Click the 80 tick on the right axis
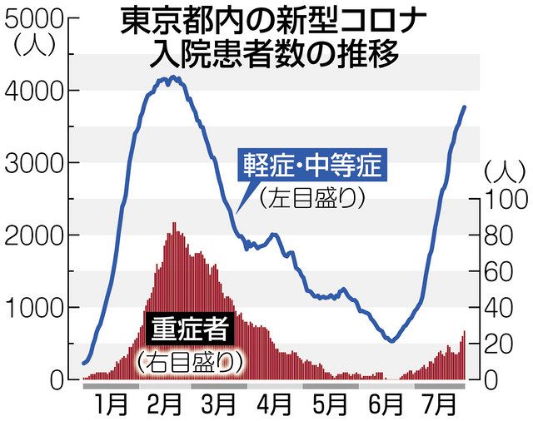tap(499, 235)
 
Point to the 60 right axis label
tap(499, 272)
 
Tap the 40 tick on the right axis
tap(499, 308)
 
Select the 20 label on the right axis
tap(499, 344)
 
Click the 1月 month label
tap(111, 404)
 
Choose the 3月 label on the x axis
tap(219, 404)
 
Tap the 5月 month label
tap(330, 404)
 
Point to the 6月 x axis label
tap(385, 404)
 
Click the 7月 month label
tap(440, 404)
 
